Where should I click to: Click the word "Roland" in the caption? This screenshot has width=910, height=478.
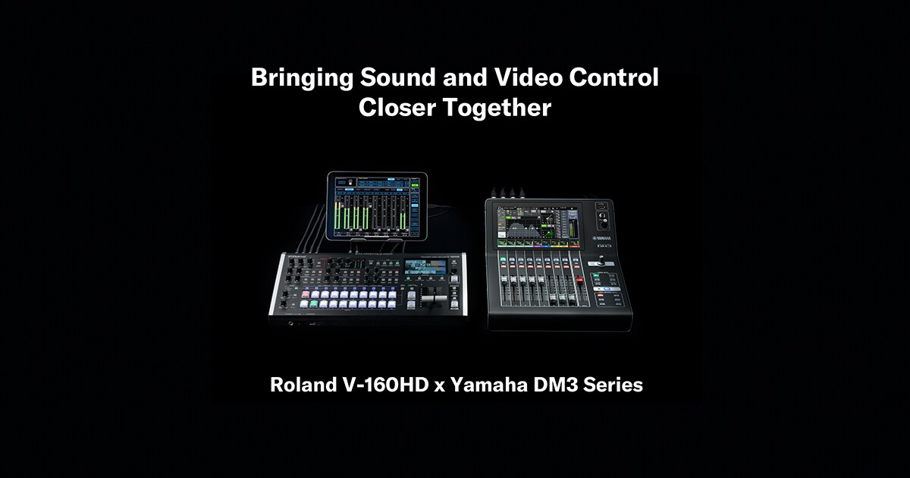[x=300, y=385]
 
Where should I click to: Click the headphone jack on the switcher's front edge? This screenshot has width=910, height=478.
[x=291, y=323]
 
